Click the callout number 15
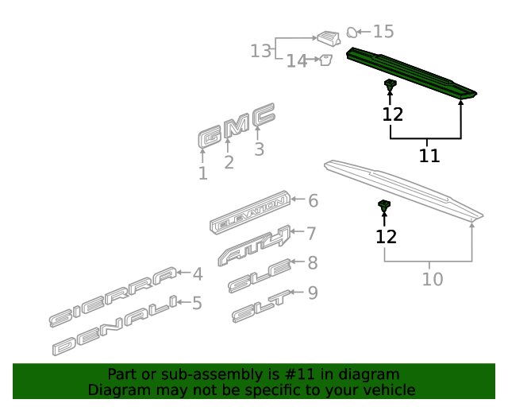(383, 32)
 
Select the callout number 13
(261, 51)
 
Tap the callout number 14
(297, 60)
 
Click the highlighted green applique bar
(411, 72)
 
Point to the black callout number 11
(429, 156)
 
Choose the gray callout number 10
(433, 279)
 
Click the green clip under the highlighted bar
(391, 85)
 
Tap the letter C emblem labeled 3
(264, 114)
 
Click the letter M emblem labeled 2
(237, 126)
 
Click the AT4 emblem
(254, 246)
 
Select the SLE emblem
(260, 276)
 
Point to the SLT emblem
(261, 306)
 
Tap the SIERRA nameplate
(113, 297)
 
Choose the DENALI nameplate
(115, 325)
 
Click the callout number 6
(313, 200)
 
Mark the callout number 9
(313, 293)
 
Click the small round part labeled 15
(352, 32)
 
